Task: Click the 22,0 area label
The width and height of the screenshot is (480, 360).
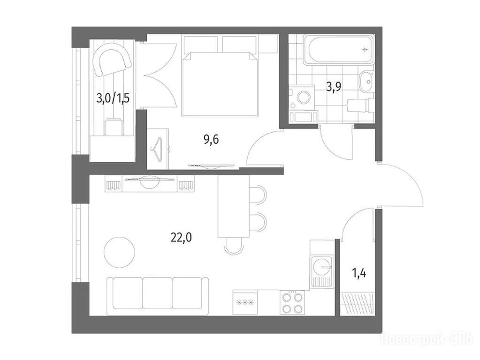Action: click(x=181, y=237)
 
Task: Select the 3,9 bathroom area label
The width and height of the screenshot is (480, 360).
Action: click(x=334, y=87)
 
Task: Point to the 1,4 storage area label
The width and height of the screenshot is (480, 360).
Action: click(x=359, y=273)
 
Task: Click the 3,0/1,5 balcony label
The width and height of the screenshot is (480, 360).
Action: click(x=113, y=98)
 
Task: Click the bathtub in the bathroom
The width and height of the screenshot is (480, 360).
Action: click(x=339, y=49)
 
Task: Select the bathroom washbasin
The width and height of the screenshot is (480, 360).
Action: click(x=367, y=81)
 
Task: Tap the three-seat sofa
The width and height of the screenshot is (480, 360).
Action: click(x=158, y=293)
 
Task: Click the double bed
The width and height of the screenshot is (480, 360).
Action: click(x=220, y=84)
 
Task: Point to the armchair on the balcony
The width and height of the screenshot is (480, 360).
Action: click(x=112, y=63)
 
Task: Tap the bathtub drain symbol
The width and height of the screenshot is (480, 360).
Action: click(x=365, y=49)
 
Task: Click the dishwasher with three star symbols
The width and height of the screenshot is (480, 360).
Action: click(x=245, y=303)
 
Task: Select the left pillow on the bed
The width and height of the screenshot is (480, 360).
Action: click(x=200, y=44)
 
